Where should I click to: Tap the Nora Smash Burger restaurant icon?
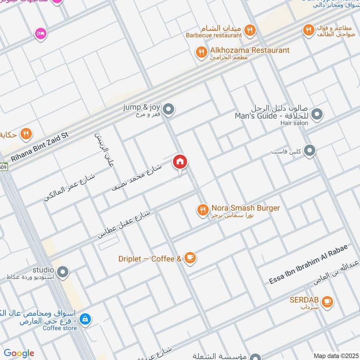coord(202,209)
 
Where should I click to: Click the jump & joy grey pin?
coord(169,109)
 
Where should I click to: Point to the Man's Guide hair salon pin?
coord(317,115)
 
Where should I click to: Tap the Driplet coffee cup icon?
coord(190,258)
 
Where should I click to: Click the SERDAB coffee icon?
coord(327,301)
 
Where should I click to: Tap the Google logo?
coord(18,353)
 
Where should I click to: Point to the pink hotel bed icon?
coord(40,33)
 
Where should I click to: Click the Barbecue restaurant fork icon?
coord(251,31)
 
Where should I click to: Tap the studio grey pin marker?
coord(63,272)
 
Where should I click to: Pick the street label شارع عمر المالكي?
coord(69,187)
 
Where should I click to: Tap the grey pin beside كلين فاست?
coord(309,151)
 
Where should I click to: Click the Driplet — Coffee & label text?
coord(149,259)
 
